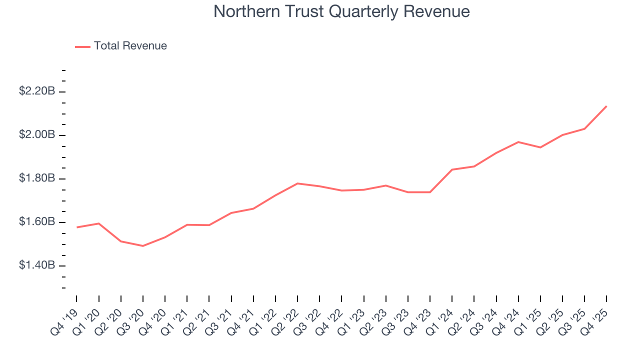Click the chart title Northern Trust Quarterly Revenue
341,11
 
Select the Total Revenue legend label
130,46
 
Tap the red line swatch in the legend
82,46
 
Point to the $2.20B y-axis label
36,91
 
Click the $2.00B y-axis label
36,135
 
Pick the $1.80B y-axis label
36,178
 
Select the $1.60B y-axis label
36,222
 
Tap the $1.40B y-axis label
36,265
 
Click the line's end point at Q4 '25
606,106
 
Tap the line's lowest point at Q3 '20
143,246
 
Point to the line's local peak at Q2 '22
297,183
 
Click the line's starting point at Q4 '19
76,227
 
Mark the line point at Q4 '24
518,142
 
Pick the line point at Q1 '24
452,169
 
